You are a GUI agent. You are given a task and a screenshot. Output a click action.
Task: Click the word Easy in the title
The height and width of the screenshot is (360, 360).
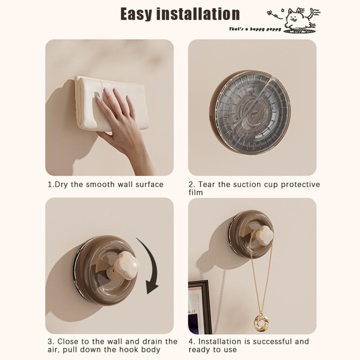pyautogui.click(x=136, y=14)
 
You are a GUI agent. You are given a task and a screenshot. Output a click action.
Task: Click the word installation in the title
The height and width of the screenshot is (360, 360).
pyautogui.click(x=198, y=14)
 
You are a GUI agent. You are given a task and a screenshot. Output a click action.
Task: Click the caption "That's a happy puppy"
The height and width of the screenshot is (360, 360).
pyautogui.click(x=255, y=29)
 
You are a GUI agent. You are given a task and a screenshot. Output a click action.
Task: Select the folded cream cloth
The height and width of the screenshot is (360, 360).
pyautogui.click(x=110, y=103)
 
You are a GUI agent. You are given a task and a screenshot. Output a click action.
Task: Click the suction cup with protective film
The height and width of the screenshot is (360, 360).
pyautogui.click(x=250, y=112)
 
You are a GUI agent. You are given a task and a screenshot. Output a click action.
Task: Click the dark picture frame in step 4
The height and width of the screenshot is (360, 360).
pyautogui.click(x=200, y=307)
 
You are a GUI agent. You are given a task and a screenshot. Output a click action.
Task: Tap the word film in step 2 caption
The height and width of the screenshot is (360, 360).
pyautogui.click(x=196, y=193)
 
